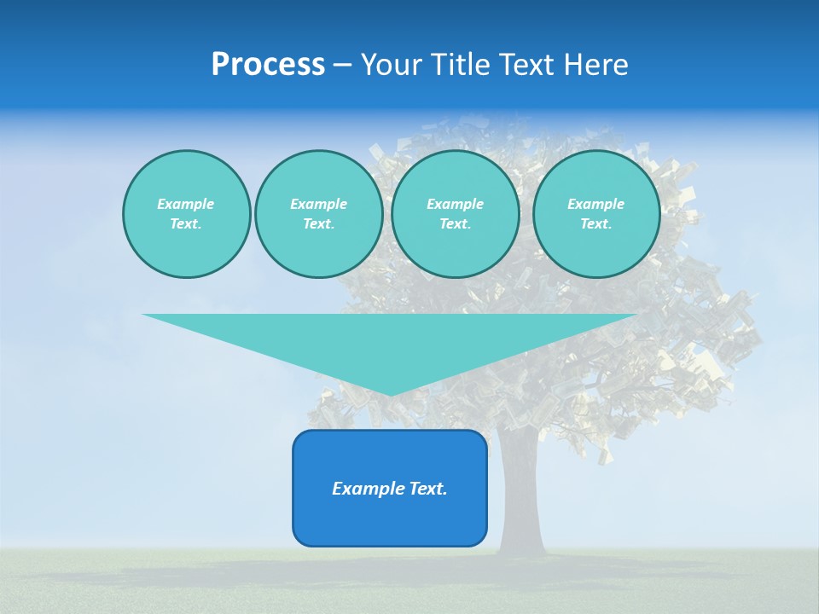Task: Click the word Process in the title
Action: (x=268, y=65)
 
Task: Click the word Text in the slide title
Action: (x=526, y=65)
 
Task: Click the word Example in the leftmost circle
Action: (x=186, y=204)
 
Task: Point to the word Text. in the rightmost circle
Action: (x=595, y=223)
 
